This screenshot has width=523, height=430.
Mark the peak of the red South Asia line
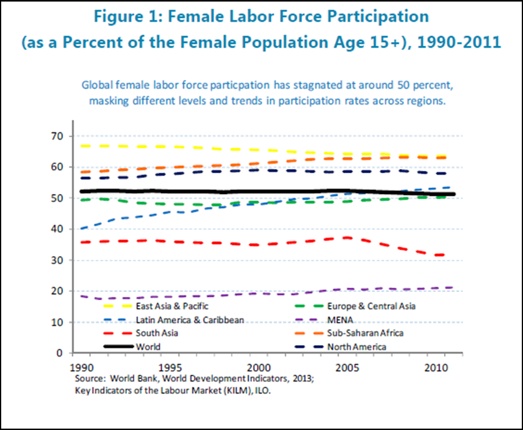(347, 237)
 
